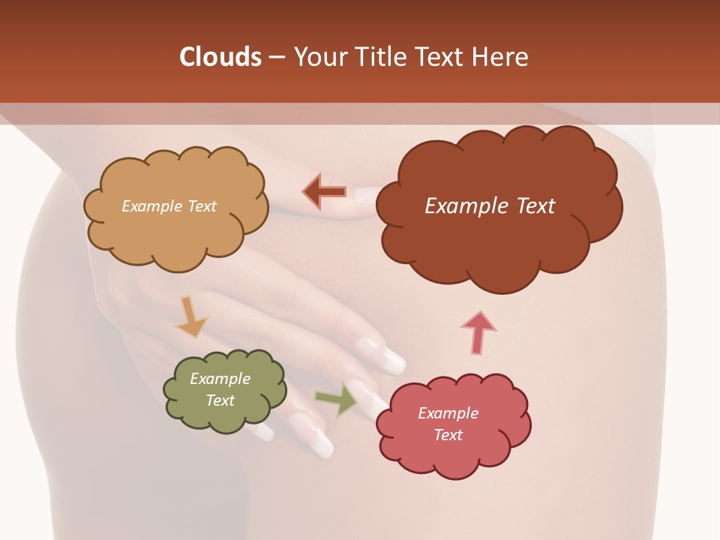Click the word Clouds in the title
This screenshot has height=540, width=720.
tap(220, 57)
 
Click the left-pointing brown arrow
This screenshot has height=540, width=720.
tap(324, 192)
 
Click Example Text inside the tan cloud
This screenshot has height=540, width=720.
tap(169, 206)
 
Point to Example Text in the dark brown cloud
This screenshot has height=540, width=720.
tap(490, 206)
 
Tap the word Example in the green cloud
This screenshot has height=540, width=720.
tap(220, 379)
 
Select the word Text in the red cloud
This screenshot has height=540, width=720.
tap(448, 436)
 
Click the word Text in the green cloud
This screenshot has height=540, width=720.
tap(220, 400)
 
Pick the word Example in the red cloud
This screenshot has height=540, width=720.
tap(448, 413)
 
